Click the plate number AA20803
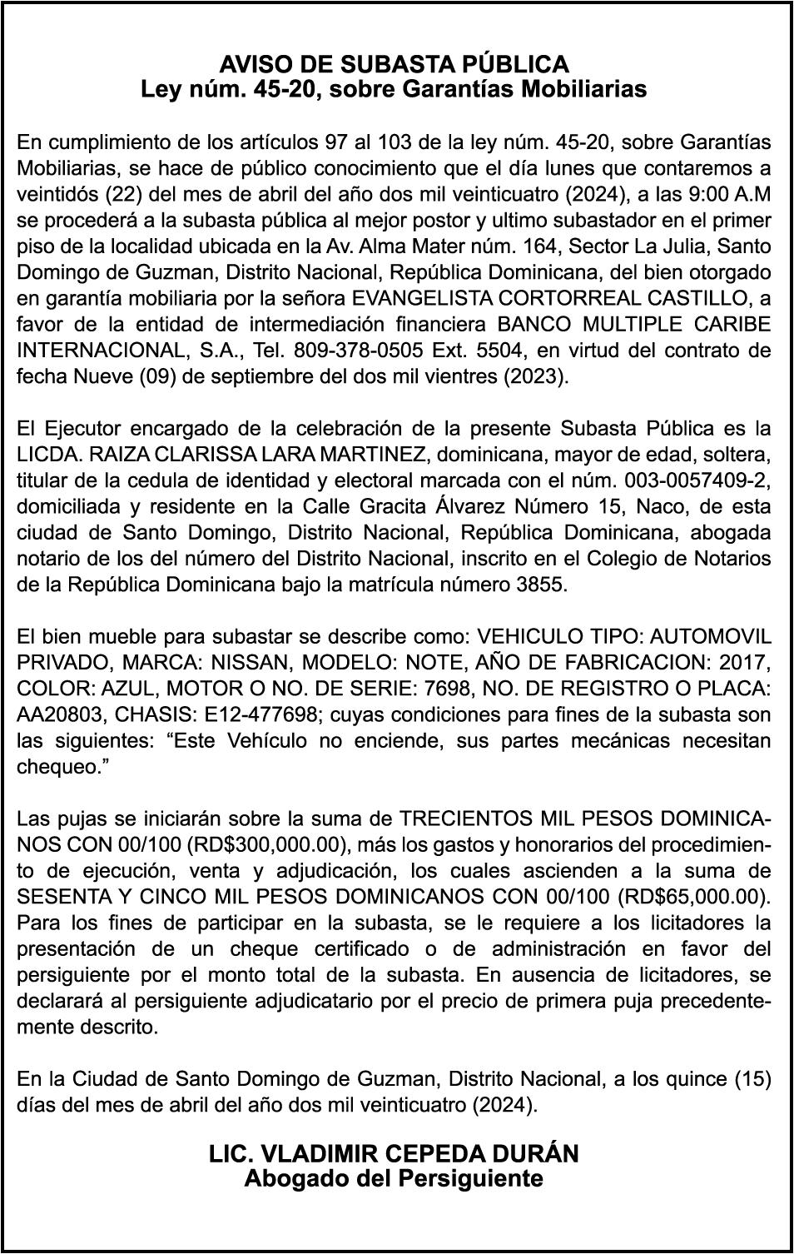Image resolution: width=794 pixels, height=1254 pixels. click(x=58, y=714)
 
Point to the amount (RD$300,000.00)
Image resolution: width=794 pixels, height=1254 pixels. click(x=266, y=844)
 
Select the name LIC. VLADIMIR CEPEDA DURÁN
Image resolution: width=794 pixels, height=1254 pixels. click(x=394, y=1153)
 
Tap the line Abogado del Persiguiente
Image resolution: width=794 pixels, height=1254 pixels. click(x=394, y=1178)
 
